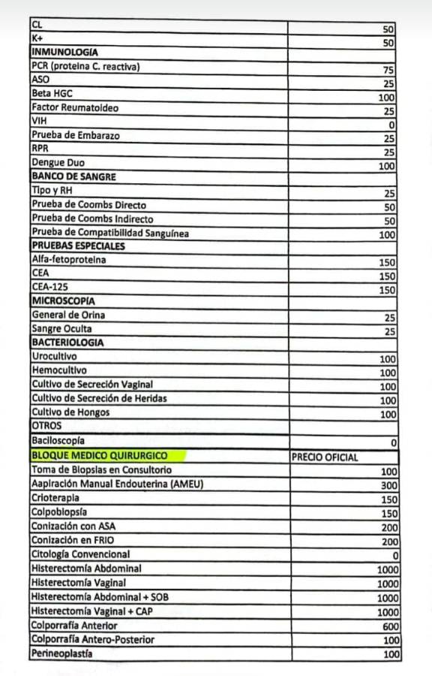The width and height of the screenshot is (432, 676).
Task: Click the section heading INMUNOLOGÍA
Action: coord(64,53)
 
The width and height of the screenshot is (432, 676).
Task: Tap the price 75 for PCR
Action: coord(388,70)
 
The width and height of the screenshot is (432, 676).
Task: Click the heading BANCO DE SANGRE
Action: coord(73,177)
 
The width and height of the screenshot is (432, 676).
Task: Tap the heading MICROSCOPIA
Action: coord(63,301)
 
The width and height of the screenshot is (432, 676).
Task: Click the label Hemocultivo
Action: coord(59,370)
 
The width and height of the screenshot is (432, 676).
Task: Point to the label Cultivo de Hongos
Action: coord(70,412)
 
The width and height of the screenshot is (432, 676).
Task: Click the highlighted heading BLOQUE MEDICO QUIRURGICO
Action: coord(99,456)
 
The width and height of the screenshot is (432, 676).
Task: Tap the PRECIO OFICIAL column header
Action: coord(324,457)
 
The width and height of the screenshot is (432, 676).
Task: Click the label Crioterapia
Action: coord(55,498)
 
